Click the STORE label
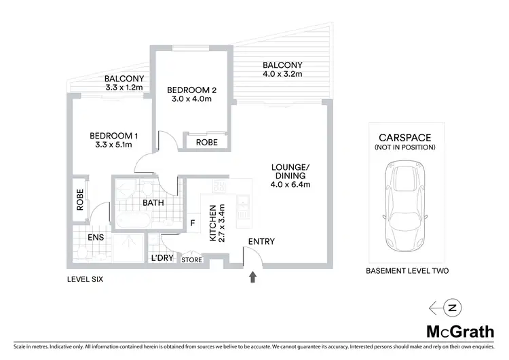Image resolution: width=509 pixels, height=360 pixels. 191,259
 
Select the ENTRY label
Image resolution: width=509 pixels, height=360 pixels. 261,242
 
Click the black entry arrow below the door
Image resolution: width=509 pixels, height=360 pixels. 254,276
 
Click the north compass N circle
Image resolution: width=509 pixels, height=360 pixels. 453,308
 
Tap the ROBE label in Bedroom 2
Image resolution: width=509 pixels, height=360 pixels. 206,143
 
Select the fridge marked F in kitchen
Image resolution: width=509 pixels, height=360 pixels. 192,221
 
